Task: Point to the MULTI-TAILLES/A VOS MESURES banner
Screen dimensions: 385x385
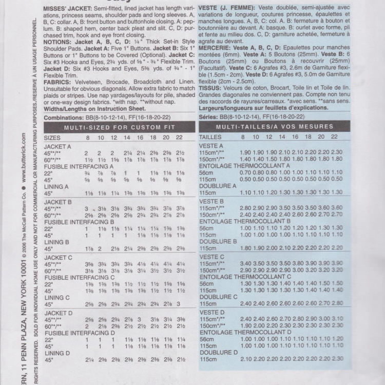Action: click(x=275, y=127)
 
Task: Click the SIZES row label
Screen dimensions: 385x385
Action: click(x=52, y=138)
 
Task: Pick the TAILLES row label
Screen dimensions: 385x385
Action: click(x=210, y=138)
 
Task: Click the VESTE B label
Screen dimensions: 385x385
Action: click(x=211, y=201)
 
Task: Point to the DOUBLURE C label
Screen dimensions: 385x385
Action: click(x=219, y=297)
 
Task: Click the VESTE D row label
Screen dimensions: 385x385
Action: click(x=211, y=312)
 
